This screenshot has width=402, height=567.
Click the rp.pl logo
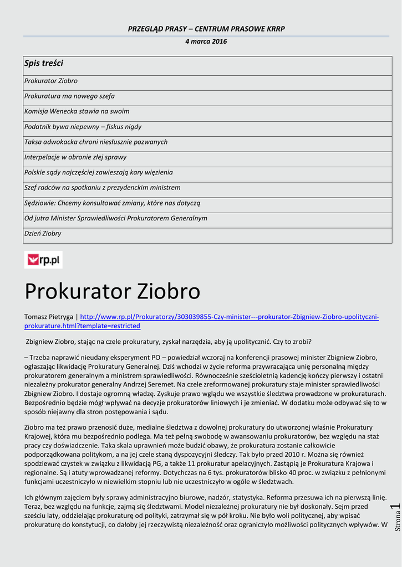click(x=43, y=260)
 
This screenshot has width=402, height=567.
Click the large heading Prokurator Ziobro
click(x=112, y=291)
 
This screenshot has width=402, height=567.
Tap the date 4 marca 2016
click(x=206, y=42)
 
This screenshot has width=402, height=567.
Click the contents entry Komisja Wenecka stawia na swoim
click(x=77, y=111)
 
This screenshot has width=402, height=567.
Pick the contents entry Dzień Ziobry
click(x=43, y=234)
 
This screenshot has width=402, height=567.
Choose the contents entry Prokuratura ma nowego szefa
click(x=69, y=96)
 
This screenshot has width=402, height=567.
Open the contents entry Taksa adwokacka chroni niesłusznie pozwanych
click(x=96, y=142)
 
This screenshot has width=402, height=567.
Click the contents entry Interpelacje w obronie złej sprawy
click(x=75, y=157)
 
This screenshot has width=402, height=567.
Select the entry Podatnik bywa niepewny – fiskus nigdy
click(x=83, y=127)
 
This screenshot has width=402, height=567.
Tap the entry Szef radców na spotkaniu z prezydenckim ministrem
click(x=103, y=188)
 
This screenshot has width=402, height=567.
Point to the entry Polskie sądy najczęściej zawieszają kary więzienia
click(x=99, y=172)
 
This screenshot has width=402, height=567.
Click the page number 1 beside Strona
click(x=395, y=507)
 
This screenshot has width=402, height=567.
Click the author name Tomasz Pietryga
click(x=48, y=317)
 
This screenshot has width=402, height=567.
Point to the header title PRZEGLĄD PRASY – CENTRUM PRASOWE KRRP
click(x=206, y=29)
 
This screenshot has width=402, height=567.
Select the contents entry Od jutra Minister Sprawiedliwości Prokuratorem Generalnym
click(x=116, y=218)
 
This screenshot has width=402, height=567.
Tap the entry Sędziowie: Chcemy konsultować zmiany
click(x=112, y=203)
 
